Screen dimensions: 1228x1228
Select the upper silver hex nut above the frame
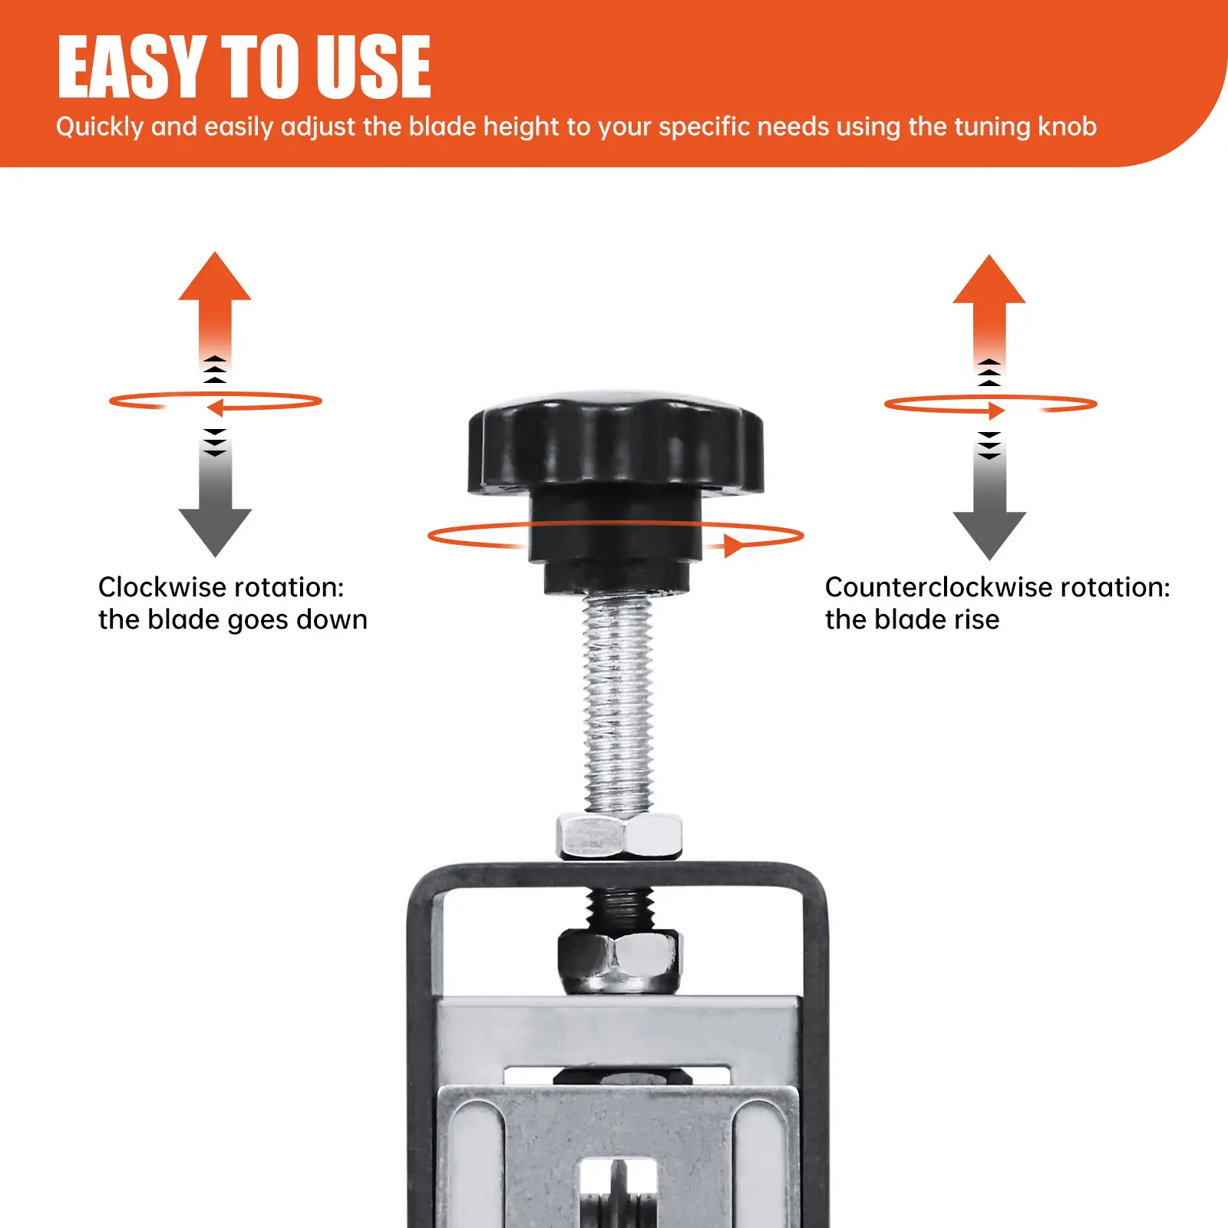619,837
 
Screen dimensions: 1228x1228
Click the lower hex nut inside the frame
619,960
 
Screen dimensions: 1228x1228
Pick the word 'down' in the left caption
332,619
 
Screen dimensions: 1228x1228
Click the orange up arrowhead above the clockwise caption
215,276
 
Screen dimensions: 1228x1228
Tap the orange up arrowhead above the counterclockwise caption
989,279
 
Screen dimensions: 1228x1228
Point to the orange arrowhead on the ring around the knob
734,546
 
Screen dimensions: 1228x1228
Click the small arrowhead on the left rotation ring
215,407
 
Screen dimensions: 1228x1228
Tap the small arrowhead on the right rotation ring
996,411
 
